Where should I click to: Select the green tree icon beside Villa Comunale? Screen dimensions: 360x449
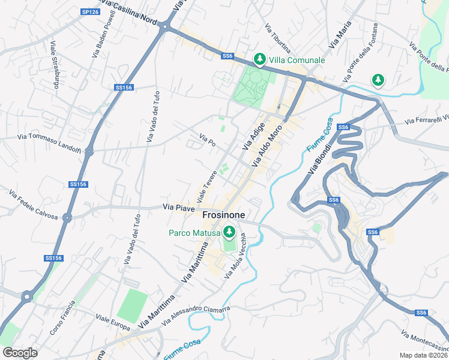point(259,59)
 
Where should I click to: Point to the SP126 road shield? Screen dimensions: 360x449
point(90,12)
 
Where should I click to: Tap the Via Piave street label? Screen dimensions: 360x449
point(178,207)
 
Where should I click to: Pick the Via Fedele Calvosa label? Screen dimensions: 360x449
point(33,203)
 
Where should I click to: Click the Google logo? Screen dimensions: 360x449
point(20,352)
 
